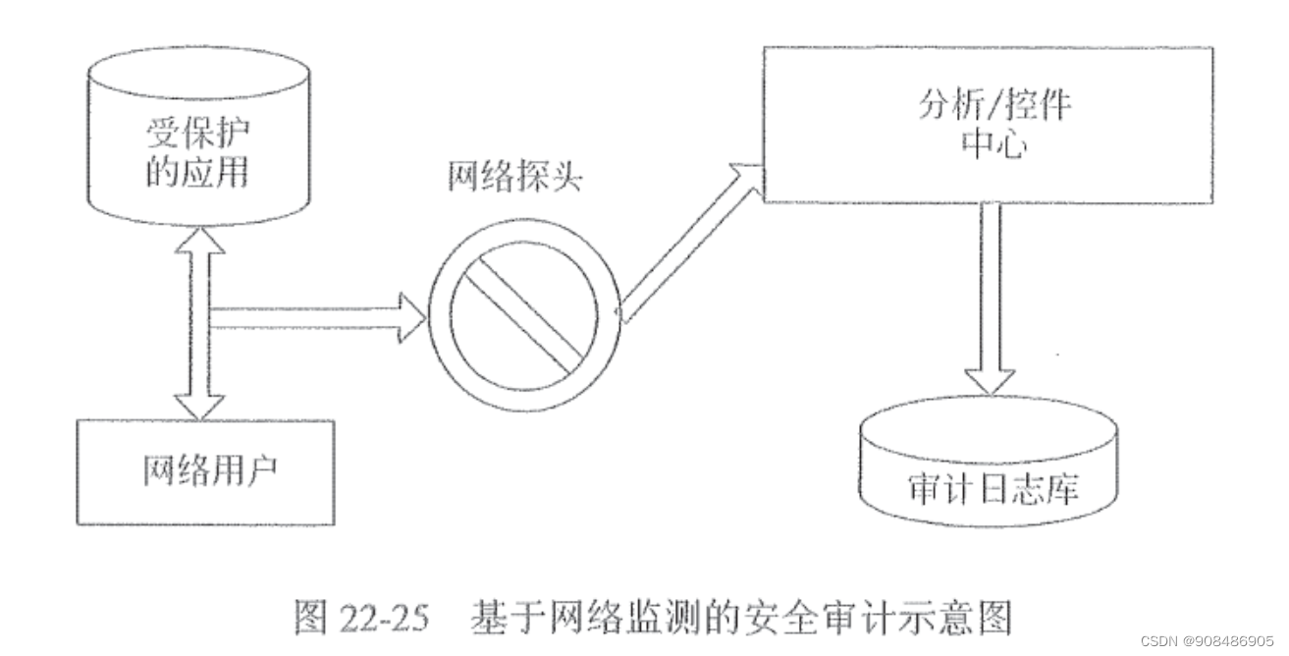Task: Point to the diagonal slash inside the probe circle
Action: click(x=521, y=313)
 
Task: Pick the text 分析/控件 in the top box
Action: click(x=993, y=104)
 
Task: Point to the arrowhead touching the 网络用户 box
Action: click(x=197, y=405)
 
